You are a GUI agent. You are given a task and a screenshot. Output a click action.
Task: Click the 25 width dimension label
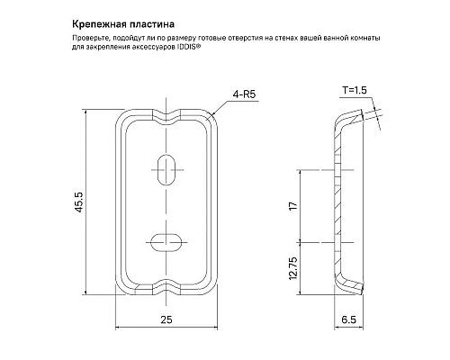(167, 319)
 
